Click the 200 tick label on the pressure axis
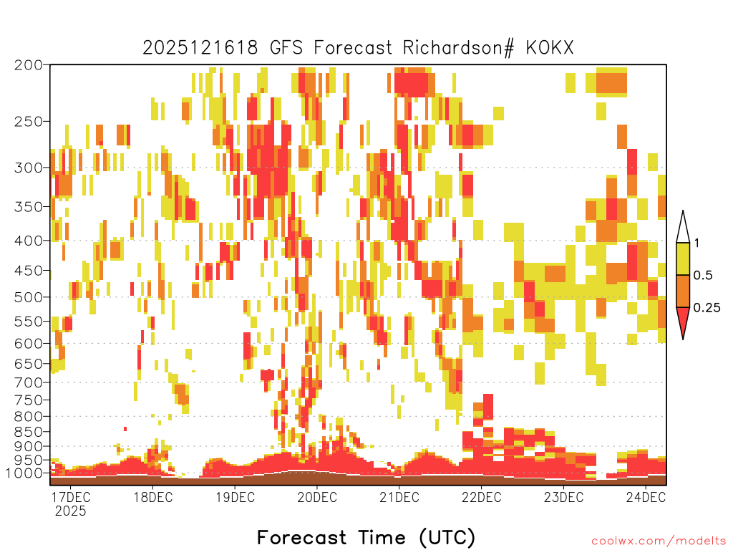(x=29, y=65)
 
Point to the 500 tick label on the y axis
(x=29, y=297)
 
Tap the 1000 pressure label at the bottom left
(x=24, y=473)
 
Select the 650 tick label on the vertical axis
(x=29, y=363)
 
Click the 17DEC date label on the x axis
(x=71, y=497)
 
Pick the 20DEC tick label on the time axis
(x=317, y=497)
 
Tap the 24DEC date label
(x=646, y=497)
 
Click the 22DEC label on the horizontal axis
(x=482, y=497)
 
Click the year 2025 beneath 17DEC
(x=71, y=511)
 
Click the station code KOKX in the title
(x=550, y=48)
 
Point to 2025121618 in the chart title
(x=200, y=48)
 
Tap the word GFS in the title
(x=286, y=48)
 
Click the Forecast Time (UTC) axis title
(x=366, y=537)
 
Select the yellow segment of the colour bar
(x=683, y=259)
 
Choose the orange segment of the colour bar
(x=683, y=291)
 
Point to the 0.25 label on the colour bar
(x=707, y=308)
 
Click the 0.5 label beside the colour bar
(x=703, y=276)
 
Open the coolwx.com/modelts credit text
(x=659, y=541)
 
